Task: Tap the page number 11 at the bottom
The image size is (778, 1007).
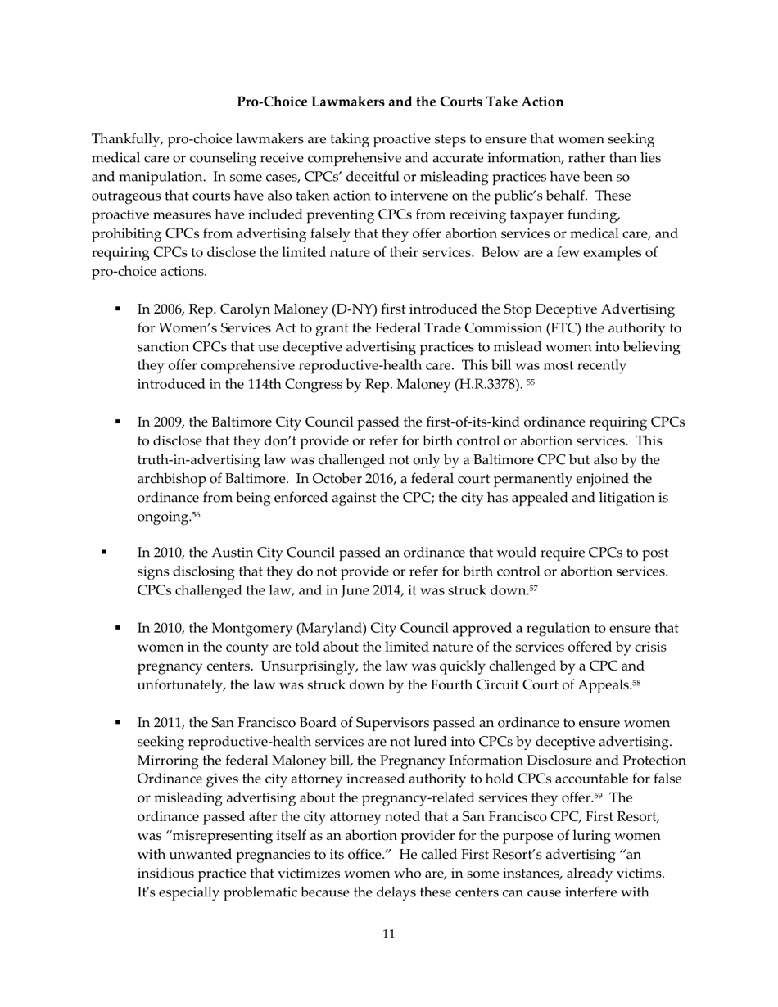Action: click(388, 934)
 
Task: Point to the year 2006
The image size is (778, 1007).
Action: click(166, 309)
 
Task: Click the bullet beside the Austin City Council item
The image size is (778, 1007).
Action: click(104, 553)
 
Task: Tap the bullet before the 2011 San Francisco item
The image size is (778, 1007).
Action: click(118, 723)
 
